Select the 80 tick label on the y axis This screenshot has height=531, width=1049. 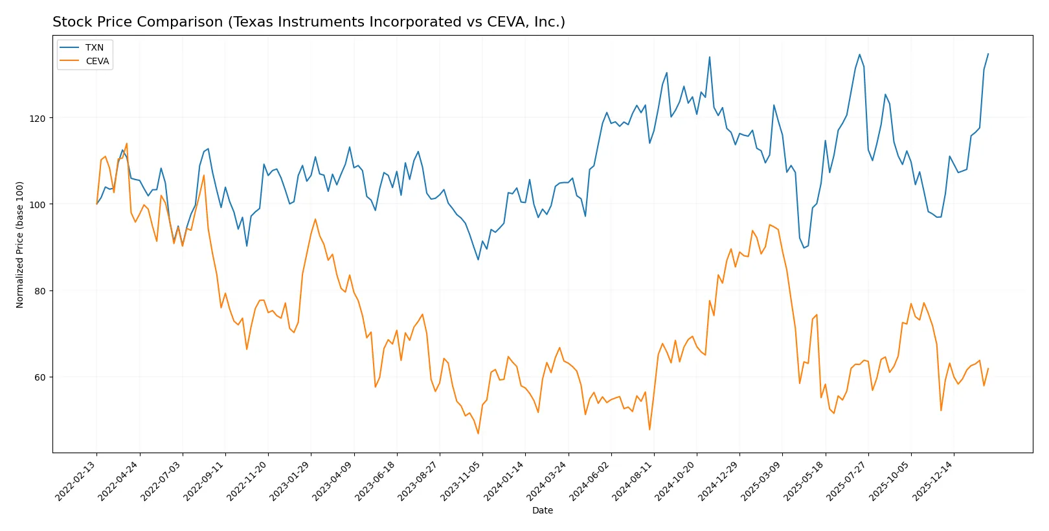(39, 291)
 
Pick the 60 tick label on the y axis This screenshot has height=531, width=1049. (39, 377)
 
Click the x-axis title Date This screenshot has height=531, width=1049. (543, 511)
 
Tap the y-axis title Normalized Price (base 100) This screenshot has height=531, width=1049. (20, 244)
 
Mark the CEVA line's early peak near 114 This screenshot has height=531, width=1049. (126, 143)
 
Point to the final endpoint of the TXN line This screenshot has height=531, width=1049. (988, 54)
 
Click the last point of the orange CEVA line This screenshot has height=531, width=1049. (988, 369)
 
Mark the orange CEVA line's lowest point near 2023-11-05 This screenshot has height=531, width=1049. (478, 433)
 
